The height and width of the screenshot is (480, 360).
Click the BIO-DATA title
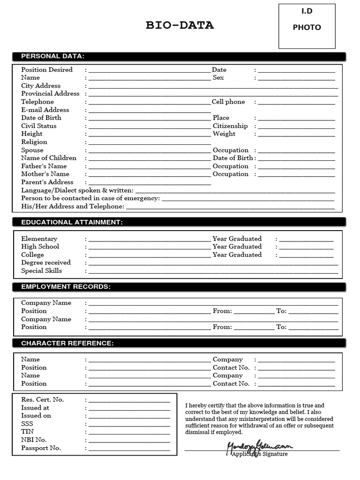point(180,25)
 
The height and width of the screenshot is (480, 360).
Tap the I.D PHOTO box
point(307,26)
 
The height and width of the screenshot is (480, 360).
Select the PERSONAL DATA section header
point(52,56)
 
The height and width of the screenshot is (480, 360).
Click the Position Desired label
point(47,70)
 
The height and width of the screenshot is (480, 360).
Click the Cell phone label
point(228,102)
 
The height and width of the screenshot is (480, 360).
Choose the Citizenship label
point(230,126)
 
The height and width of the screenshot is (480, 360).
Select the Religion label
point(34,142)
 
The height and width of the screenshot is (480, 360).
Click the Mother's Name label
point(45,174)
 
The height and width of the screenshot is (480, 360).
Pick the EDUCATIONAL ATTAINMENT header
point(72,222)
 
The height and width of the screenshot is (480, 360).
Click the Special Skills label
point(41,270)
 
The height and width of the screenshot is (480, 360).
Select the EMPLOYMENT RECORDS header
point(66,286)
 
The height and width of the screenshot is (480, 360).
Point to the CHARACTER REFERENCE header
point(67,343)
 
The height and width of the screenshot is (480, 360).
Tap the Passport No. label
point(41,448)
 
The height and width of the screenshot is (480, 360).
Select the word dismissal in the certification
point(199,432)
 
